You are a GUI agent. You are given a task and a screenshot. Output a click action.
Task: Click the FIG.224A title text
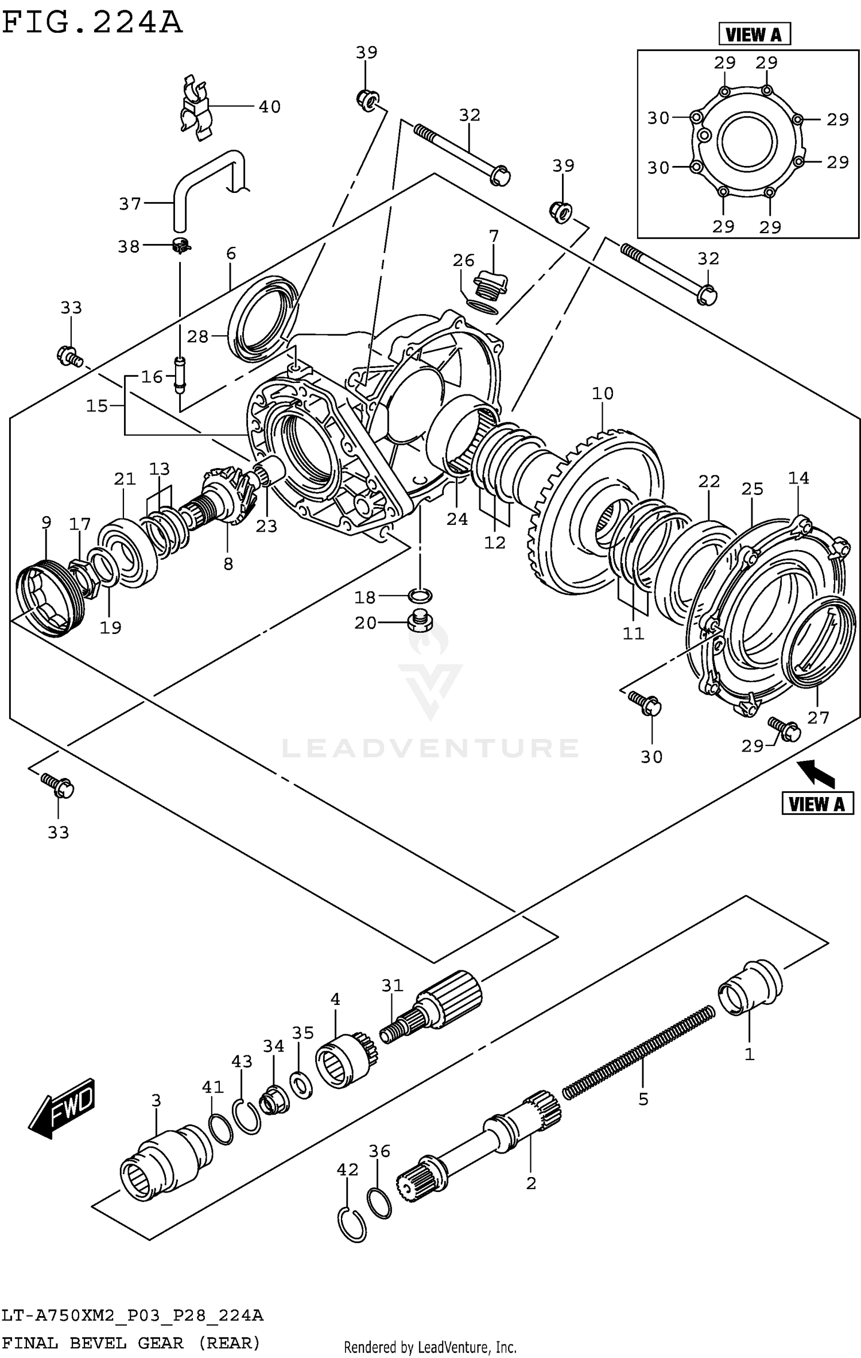92,23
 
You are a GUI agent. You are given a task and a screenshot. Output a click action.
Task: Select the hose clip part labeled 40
195,109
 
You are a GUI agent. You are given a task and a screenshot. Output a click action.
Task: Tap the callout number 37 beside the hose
130,204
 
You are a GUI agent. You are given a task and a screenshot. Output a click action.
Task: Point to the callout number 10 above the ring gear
603,393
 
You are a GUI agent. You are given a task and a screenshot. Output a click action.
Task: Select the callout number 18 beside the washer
364,597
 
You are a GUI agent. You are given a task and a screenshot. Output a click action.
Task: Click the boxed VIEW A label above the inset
754,35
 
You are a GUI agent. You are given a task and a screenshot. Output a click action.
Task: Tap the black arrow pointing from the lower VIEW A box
818,772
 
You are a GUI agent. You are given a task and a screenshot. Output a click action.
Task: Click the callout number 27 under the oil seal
818,717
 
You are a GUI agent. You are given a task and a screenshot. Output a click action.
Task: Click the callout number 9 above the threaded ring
46,522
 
